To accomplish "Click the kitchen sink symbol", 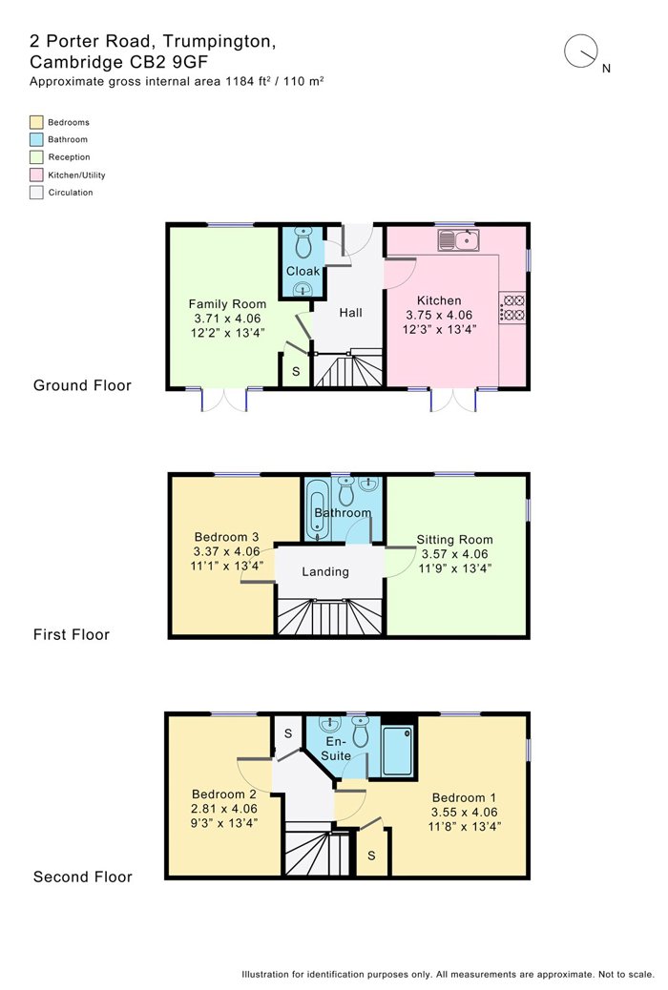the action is click(x=458, y=240).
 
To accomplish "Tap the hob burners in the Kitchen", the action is click(x=512, y=307).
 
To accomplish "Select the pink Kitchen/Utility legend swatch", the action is click(x=36, y=175).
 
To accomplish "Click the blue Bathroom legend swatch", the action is click(x=36, y=139).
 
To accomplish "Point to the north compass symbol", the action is click(x=581, y=52).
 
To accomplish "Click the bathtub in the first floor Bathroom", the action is click(x=317, y=509).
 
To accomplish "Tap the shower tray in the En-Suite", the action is click(x=398, y=751).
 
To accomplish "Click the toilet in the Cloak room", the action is click(x=304, y=243).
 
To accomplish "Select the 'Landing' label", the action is click(x=325, y=572).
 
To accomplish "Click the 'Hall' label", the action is click(x=351, y=313).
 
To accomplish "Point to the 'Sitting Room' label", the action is click(x=454, y=540).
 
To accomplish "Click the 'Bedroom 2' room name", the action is click(x=224, y=794).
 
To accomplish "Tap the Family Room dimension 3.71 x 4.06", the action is click(x=227, y=319).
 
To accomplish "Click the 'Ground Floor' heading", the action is click(x=82, y=385).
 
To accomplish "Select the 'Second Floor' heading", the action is click(x=83, y=877).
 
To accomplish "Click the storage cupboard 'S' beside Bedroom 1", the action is click(x=371, y=856).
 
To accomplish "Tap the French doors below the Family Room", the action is click(x=224, y=400).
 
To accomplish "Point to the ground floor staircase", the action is click(x=349, y=369).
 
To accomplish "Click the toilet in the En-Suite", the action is click(x=360, y=731).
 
